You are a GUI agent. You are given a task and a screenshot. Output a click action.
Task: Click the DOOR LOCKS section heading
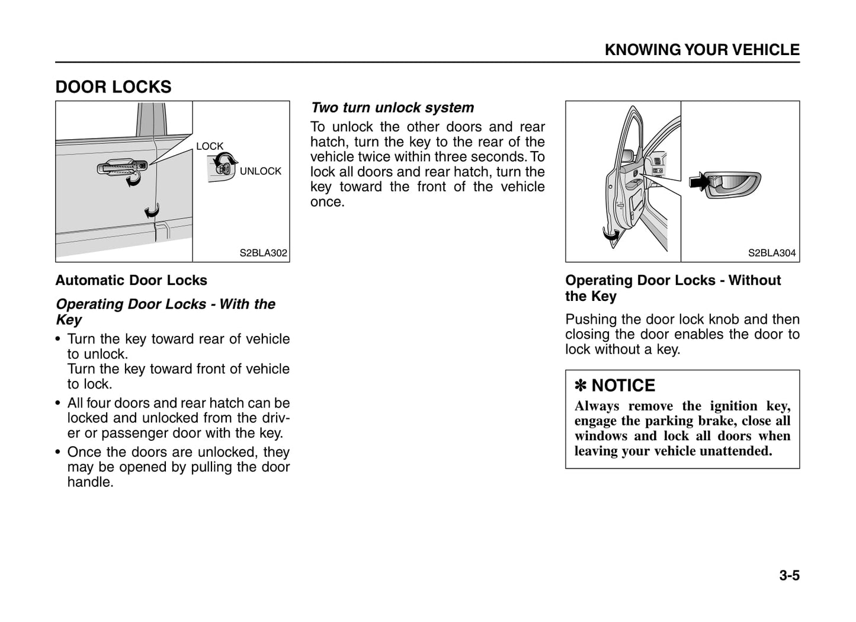[x=113, y=87]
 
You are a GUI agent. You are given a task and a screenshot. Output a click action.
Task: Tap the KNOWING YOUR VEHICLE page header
[x=701, y=50]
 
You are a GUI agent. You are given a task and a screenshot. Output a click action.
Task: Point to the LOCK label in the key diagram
[x=210, y=146]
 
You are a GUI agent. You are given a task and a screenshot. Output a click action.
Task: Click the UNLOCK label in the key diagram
[x=261, y=171]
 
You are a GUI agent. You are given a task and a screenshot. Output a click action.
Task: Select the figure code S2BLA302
[x=263, y=253]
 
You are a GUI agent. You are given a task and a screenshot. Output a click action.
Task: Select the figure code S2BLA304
[x=771, y=253]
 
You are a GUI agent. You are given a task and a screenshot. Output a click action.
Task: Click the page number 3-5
[x=789, y=575]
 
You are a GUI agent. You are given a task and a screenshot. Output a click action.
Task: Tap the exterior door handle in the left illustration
[x=121, y=168]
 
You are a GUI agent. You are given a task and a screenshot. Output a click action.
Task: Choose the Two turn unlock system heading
[x=392, y=108]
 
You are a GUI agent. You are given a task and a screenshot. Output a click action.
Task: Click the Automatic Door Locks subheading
[x=131, y=280]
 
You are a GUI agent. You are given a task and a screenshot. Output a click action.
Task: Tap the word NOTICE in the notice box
[x=623, y=386]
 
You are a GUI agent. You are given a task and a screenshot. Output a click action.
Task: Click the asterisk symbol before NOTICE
[x=581, y=386]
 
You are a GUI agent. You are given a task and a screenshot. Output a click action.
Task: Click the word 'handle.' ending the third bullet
[x=90, y=482]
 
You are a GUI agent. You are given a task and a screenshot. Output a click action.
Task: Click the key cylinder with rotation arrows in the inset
[x=223, y=168]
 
